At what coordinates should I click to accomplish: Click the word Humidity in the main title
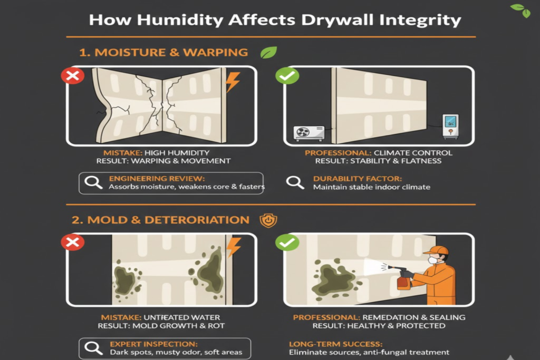[x=180, y=20]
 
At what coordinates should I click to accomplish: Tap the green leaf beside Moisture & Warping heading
[x=268, y=52]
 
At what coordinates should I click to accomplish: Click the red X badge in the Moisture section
[x=73, y=76]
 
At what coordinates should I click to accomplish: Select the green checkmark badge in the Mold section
[x=287, y=242]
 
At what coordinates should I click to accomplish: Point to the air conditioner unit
[x=309, y=133]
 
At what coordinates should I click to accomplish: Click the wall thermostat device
[x=450, y=127]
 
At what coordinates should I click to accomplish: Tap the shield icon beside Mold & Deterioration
[x=268, y=220]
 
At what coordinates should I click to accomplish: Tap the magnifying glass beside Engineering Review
[x=93, y=182]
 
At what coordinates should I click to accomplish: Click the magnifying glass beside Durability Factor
[x=295, y=182]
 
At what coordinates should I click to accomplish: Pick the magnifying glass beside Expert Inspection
[x=93, y=348]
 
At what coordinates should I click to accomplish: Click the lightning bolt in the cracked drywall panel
[x=233, y=82]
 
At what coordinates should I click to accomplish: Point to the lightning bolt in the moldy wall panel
[x=234, y=247]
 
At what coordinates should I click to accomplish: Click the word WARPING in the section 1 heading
[x=215, y=52]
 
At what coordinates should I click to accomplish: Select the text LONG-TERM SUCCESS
[x=336, y=344]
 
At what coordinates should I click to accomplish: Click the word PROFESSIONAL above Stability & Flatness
[x=338, y=153]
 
